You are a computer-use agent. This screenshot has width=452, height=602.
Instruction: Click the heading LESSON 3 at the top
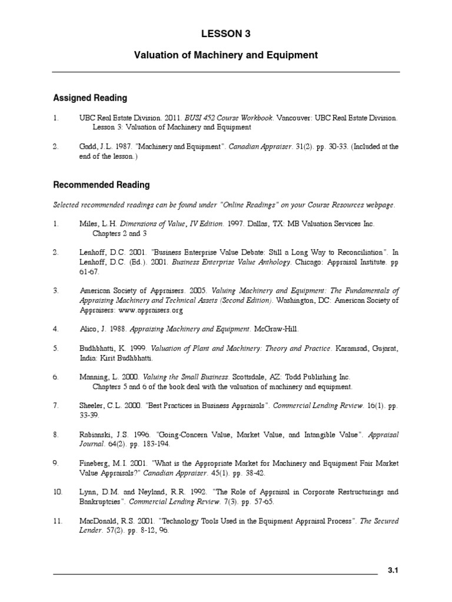pos(226,34)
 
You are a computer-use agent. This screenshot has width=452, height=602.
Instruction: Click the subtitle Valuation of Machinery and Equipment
pos(226,55)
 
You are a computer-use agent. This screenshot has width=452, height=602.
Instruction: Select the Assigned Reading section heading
pos(90,98)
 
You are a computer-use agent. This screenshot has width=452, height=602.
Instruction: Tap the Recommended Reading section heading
pos(101,185)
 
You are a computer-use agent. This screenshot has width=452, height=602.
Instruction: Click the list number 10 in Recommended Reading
pos(58,492)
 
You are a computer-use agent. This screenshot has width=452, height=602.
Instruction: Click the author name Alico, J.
pos(93,329)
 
